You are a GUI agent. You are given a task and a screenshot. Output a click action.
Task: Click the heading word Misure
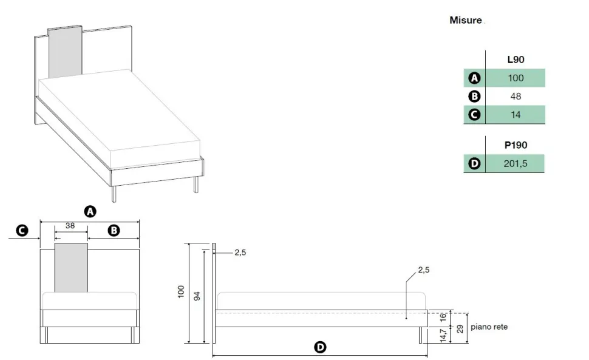(465, 20)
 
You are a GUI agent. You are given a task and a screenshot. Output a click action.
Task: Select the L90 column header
(516, 59)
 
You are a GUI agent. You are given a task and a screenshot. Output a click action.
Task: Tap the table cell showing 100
(516, 78)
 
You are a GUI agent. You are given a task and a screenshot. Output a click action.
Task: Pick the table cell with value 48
(516, 96)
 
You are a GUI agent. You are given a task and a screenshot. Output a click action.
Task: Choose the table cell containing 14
(516, 115)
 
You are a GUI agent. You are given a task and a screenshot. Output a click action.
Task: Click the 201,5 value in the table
(516, 163)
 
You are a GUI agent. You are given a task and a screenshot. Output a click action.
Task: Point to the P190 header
(516, 145)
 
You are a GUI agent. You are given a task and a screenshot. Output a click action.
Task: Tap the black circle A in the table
(474, 78)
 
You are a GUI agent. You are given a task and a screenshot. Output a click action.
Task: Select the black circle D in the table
(474, 164)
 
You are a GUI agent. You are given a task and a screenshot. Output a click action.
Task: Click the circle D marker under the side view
(320, 347)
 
